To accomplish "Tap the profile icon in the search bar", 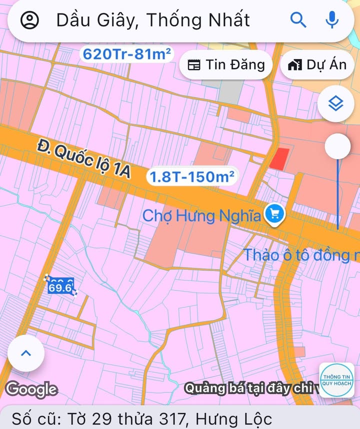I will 30,20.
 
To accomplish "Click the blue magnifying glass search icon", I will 298,20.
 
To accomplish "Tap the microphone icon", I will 331,20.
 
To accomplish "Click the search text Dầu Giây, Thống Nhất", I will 153,20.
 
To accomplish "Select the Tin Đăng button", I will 226,65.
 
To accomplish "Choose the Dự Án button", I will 317,65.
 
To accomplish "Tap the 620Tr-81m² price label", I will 127,54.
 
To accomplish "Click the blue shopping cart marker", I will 274,214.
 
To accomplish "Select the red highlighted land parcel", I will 279,158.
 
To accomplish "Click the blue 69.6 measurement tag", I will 61,287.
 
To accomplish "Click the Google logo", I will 31,388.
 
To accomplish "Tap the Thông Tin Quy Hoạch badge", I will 337,380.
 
